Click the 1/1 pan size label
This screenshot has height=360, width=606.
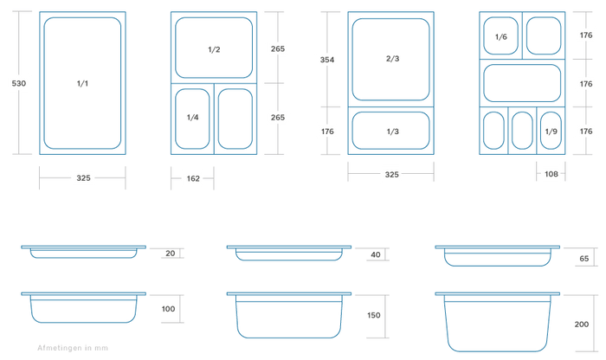click(82, 83)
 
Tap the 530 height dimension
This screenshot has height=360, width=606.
click(18, 83)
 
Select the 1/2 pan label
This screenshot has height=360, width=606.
click(214, 49)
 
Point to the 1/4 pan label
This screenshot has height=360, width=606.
click(192, 117)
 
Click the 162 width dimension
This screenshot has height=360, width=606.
click(193, 178)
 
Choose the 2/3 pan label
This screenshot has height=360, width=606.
click(392, 58)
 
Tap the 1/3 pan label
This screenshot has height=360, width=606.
click(392, 132)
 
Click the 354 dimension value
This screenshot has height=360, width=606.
click(327, 60)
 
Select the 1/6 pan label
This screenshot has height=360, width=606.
click(501, 36)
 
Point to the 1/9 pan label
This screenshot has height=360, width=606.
click(551, 132)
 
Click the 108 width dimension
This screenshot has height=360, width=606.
click(551, 174)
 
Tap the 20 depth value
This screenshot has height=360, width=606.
click(170, 254)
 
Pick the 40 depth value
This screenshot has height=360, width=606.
click(375, 254)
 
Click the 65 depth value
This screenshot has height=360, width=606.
click(584, 259)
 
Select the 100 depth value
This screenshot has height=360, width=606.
click(168, 309)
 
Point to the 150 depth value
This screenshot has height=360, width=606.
click(374, 315)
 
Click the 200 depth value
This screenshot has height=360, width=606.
click(581, 324)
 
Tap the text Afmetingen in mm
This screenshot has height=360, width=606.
click(73, 348)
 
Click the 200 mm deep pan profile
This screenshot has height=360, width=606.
click(498, 322)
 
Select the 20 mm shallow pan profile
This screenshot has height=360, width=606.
click(83, 252)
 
